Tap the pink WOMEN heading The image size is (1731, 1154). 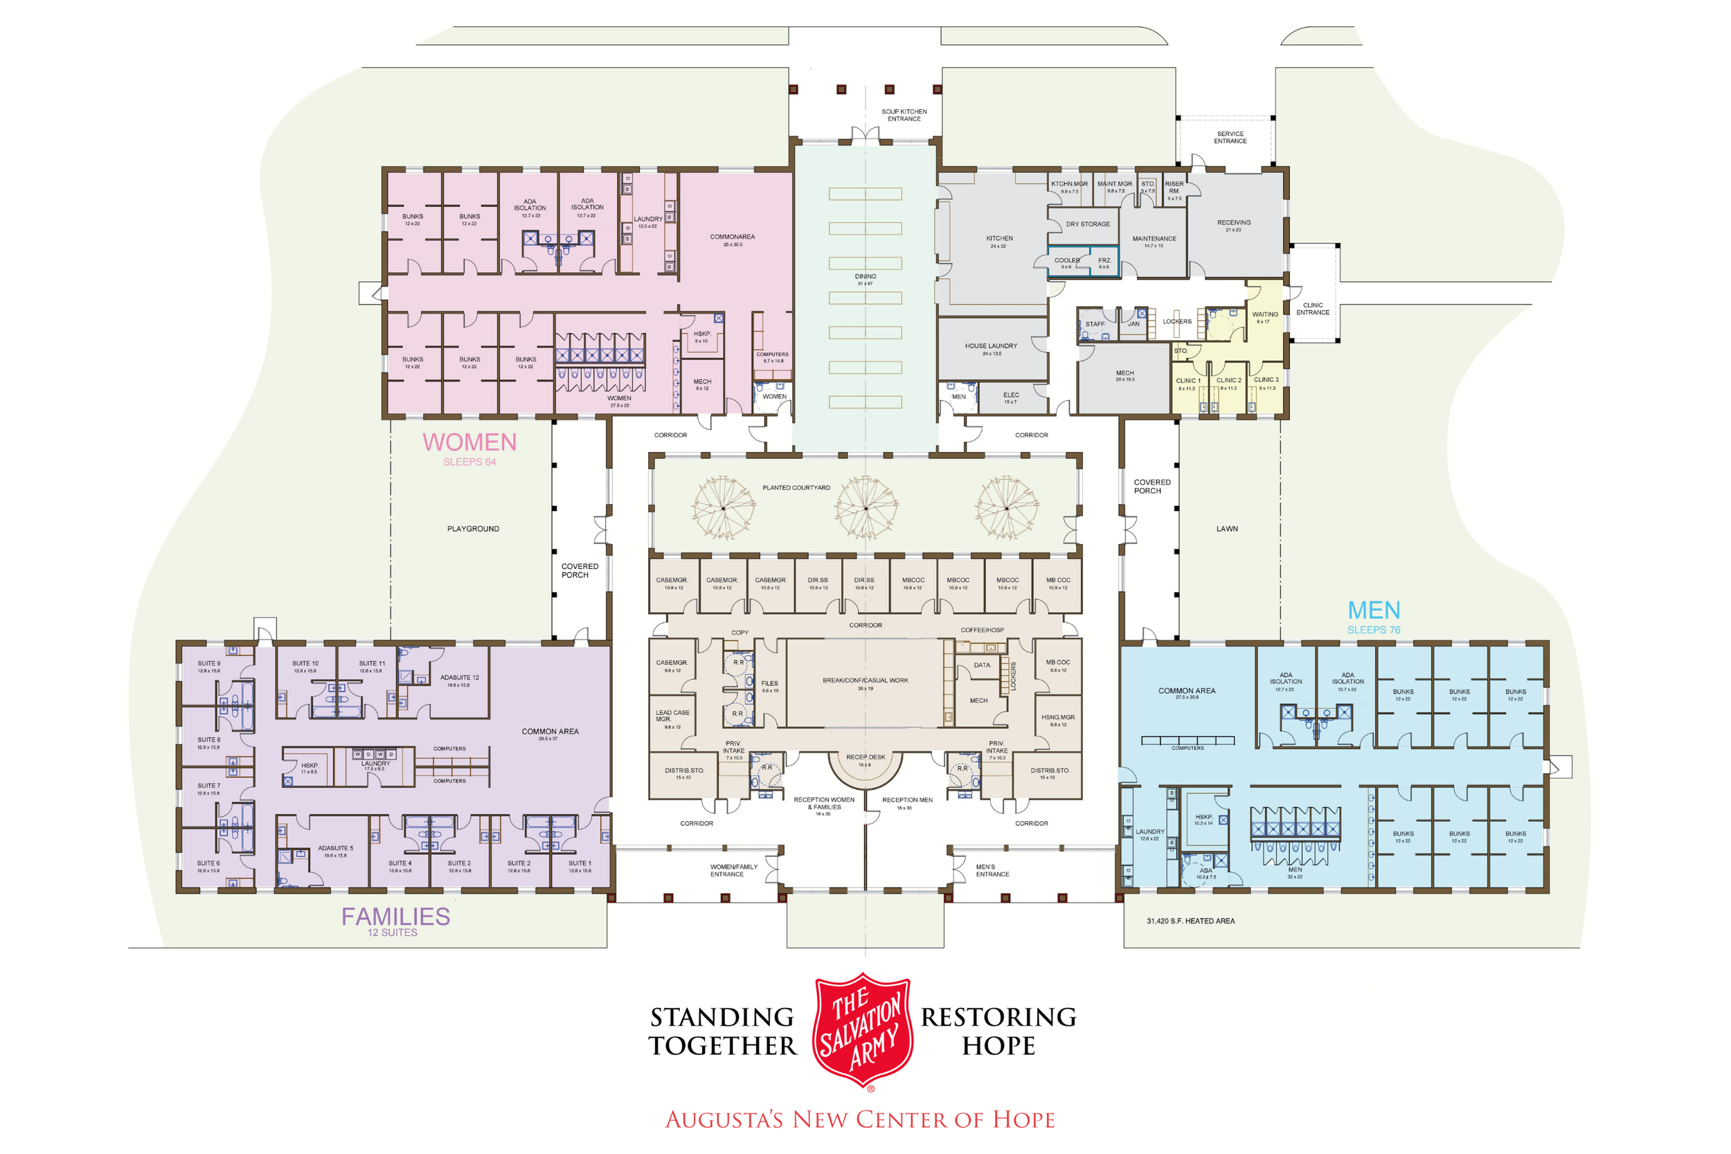click(x=469, y=442)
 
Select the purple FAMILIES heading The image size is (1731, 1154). click(x=395, y=917)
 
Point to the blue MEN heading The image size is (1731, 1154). click(x=1373, y=610)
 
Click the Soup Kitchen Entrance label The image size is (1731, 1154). click(x=904, y=115)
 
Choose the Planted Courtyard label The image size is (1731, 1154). click(x=796, y=488)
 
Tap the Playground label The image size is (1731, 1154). click(x=472, y=528)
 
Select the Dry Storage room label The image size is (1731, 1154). click(x=1088, y=224)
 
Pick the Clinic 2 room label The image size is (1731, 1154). click(x=1228, y=381)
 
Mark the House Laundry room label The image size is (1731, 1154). click(x=991, y=346)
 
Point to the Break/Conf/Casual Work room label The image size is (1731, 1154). click(x=865, y=680)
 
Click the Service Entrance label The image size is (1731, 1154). click(x=1230, y=138)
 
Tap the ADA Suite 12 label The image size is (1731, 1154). click(x=459, y=678)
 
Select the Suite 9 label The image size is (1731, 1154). click(x=208, y=664)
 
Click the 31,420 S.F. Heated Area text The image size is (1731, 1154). click(x=1190, y=921)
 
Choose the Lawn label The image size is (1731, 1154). click(x=1226, y=528)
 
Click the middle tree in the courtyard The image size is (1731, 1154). click(x=865, y=508)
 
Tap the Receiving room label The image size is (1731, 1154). click(x=1233, y=222)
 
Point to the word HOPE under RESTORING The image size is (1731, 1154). click(x=998, y=1046)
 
